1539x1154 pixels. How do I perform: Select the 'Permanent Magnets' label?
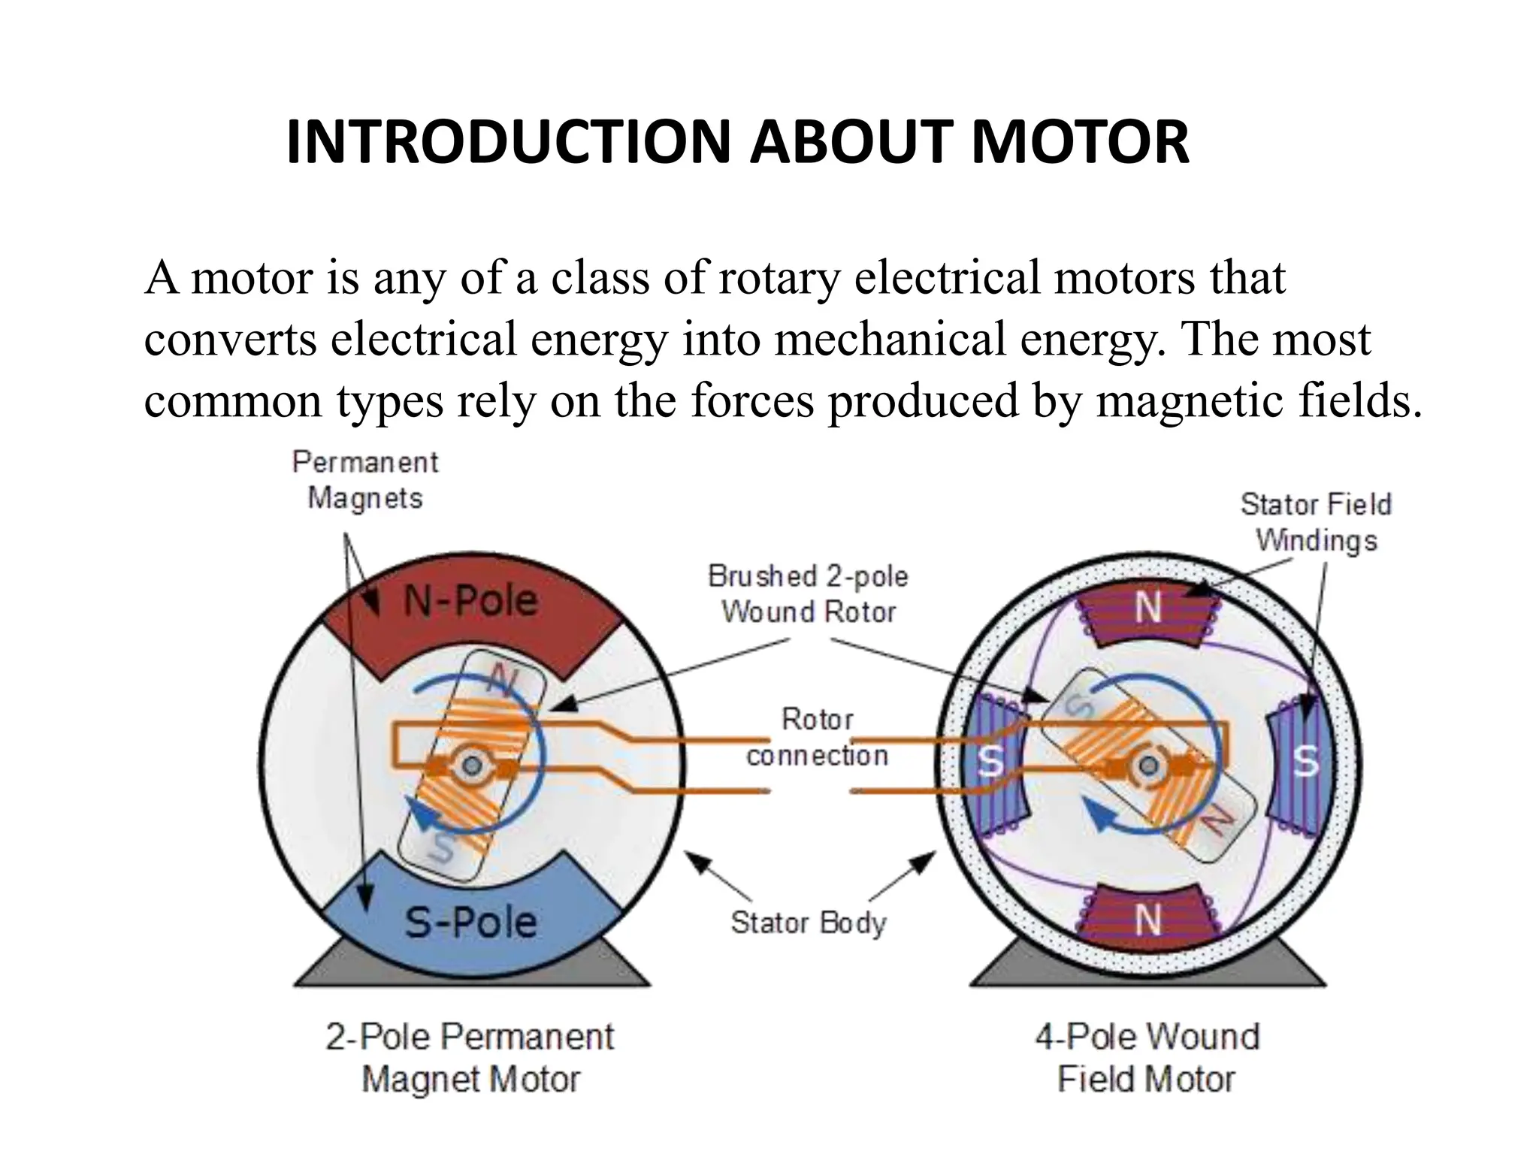tap(365, 480)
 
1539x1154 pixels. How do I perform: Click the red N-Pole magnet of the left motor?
tap(470, 609)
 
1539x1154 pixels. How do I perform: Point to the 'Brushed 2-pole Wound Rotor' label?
tap(809, 594)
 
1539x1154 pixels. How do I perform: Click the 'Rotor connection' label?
tap(817, 737)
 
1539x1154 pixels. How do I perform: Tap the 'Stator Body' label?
tap(809, 923)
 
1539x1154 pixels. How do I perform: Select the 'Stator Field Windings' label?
tap(1316, 522)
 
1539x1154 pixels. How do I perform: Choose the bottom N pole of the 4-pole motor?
tap(1148, 918)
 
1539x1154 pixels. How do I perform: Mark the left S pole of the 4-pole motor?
tap(991, 763)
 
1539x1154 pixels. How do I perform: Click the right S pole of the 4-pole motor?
tap(1305, 763)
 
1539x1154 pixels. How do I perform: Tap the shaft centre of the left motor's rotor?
tap(472, 766)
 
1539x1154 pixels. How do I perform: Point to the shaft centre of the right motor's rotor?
tap(1147, 766)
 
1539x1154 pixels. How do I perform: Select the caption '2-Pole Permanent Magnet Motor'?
tap(470, 1058)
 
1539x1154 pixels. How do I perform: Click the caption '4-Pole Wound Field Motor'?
tap(1147, 1058)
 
